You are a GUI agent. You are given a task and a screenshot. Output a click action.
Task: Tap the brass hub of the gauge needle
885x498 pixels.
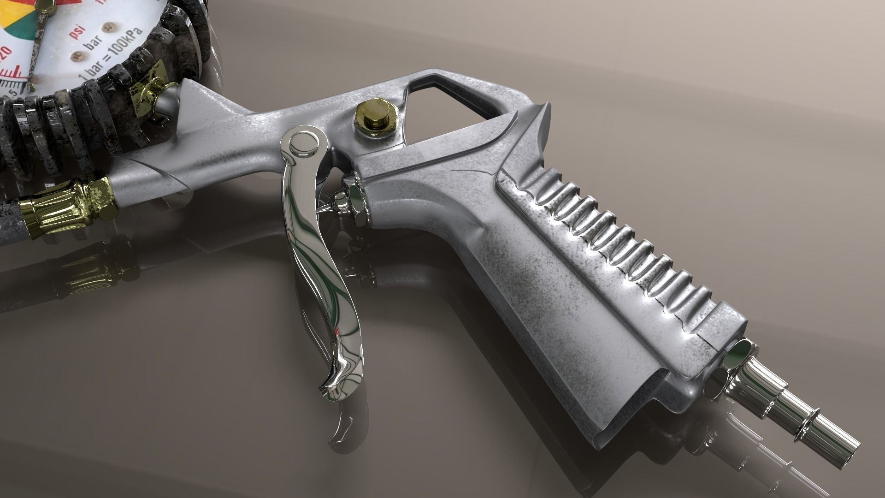pos(44,4)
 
